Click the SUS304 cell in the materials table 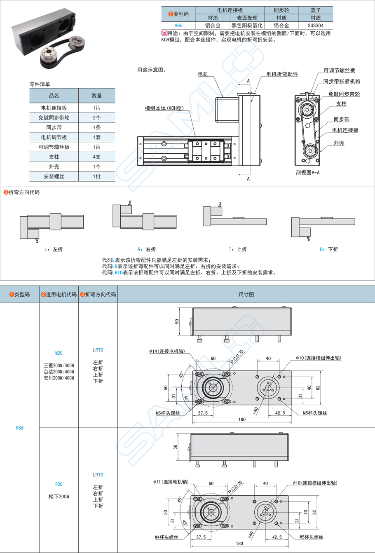coord(316,25)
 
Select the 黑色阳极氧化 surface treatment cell coord(247,25)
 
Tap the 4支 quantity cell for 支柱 coord(96,157)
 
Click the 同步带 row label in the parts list coord(54,127)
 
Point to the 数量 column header coord(96,96)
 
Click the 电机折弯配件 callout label coord(282,74)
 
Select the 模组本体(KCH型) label coord(164,108)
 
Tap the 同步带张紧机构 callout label coord(342,82)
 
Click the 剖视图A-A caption coord(307,172)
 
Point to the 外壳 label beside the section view coord(339,143)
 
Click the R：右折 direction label coord(147,249)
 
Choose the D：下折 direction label coord(329,249)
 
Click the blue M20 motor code coord(59,353)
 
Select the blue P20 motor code coord(59,484)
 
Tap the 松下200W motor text coord(59,497)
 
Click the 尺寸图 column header coord(246,295)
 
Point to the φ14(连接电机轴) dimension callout coord(167,351)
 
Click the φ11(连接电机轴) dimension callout coord(171,481)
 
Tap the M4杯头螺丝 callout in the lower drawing coord(166,537)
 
